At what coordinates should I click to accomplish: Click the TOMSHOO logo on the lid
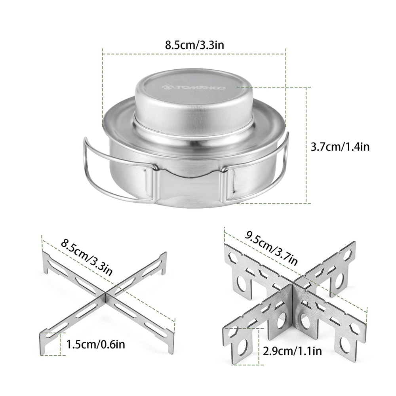pos(193,87)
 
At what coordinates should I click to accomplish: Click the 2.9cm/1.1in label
pos(293,350)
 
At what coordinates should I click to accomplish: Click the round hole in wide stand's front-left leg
pos(242,347)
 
